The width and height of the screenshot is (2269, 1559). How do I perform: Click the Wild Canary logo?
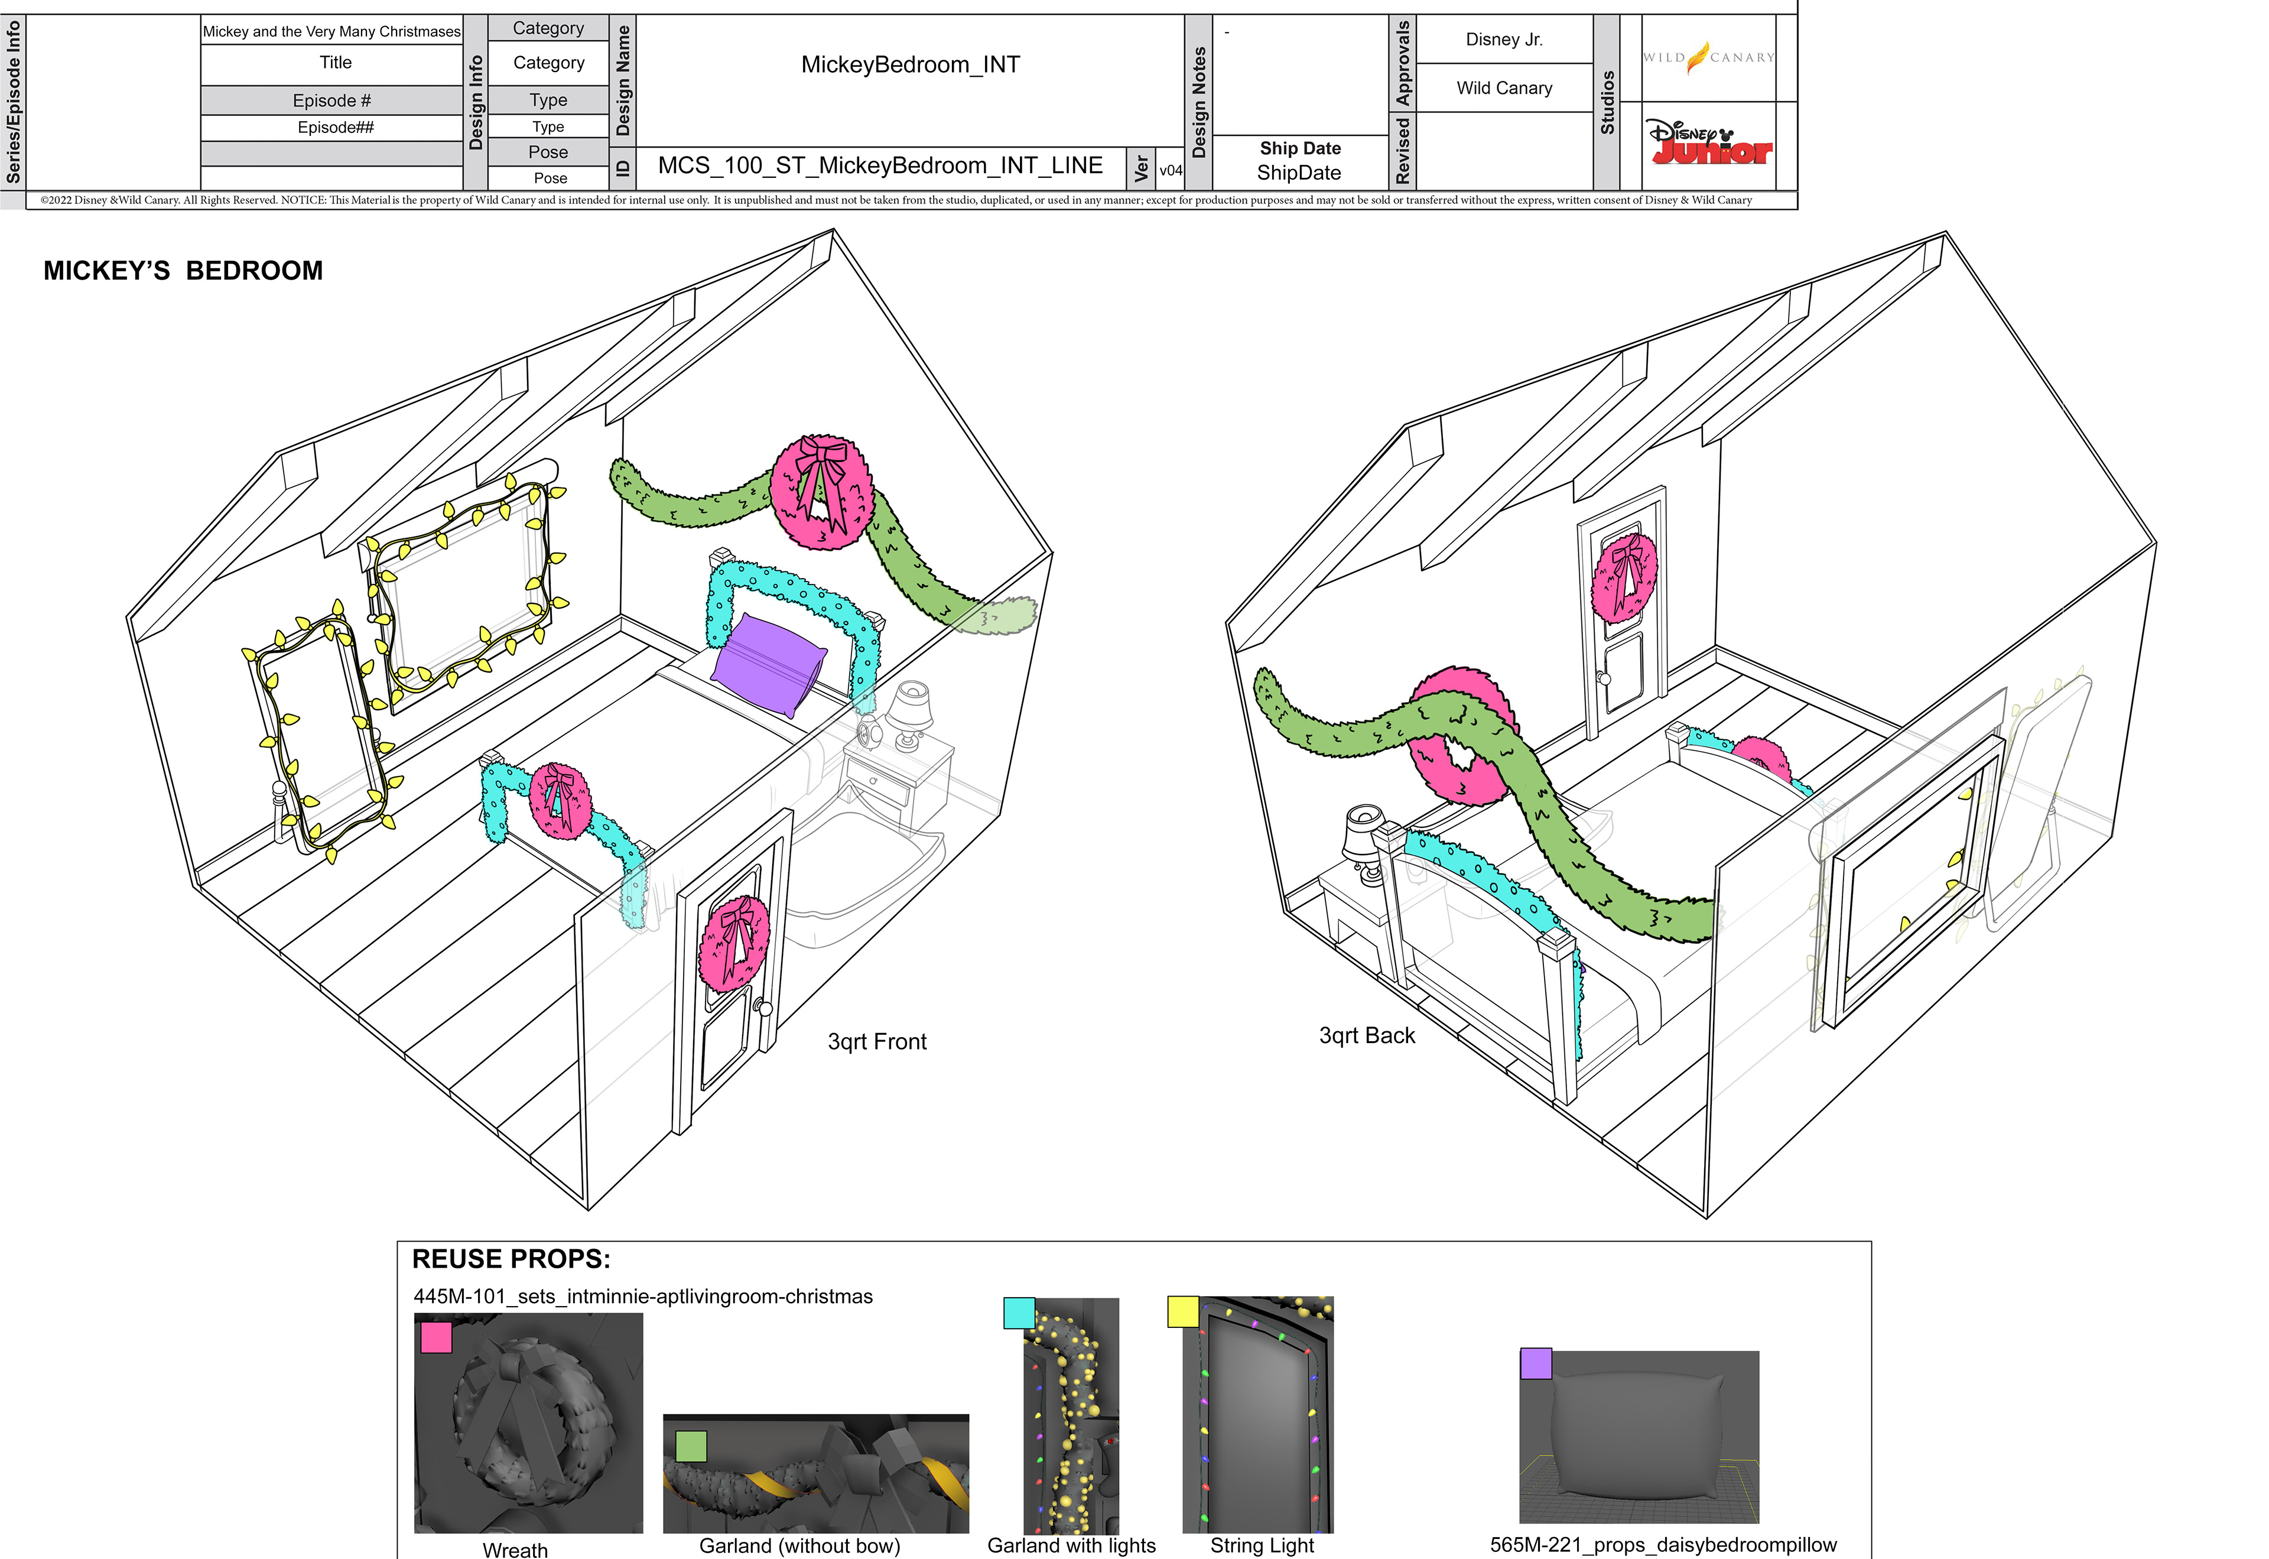point(1708,58)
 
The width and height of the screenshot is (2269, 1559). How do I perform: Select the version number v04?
point(1170,170)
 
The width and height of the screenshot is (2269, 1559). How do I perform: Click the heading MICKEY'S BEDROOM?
point(183,271)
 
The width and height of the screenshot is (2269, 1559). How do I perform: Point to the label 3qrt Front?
point(876,1041)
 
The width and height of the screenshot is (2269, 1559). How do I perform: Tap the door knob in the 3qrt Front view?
point(764,1009)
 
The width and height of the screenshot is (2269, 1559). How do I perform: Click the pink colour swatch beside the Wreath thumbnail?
point(435,1336)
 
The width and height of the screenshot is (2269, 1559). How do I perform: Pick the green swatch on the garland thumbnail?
point(691,1446)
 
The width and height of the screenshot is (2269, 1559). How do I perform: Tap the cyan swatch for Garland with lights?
point(1019,1313)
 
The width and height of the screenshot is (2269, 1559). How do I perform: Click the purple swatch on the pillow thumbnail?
point(1536,1363)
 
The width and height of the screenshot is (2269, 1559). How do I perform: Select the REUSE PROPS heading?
point(511,1258)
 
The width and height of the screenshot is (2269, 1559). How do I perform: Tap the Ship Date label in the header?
point(1299,148)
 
